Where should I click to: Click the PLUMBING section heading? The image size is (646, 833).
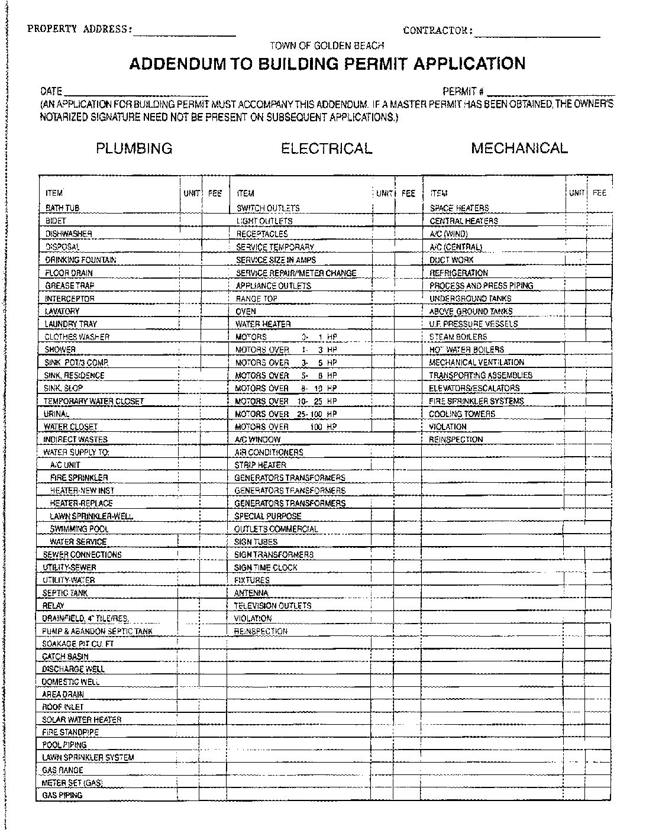pos(134,148)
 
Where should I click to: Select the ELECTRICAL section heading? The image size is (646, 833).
pos(327,148)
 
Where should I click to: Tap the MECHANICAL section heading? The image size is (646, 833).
pos(519,148)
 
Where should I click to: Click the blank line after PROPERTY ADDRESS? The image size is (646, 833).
pos(185,33)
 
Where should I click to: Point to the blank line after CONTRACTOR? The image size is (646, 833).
pos(537,34)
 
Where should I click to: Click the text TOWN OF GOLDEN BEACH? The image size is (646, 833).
pos(327,46)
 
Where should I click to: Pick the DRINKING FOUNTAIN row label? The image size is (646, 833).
pos(80,260)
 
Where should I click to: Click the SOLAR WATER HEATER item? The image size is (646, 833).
pos(82,720)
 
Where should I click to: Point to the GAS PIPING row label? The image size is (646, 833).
pos(62,796)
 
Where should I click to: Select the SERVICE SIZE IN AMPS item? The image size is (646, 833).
pos(276,260)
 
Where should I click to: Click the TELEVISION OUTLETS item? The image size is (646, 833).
pos(272,606)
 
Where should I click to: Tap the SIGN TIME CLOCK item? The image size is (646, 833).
pos(266,567)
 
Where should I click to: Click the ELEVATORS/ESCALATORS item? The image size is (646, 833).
pos(474,388)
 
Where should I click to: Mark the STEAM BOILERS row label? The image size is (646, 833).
pos(458,337)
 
